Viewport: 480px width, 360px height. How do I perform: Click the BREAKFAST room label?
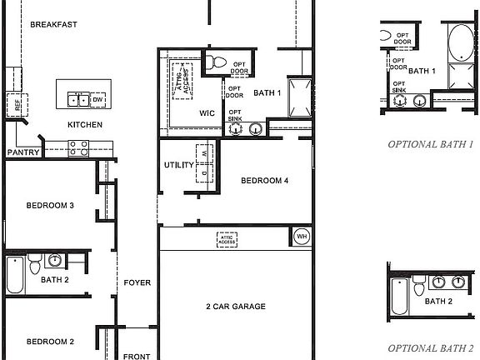(x=53, y=25)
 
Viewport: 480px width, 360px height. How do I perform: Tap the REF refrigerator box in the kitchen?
(x=13, y=105)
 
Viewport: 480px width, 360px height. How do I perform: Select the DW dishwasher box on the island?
(x=97, y=100)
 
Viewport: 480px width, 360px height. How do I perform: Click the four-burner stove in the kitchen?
(x=79, y=148)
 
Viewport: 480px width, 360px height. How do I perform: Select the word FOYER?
(x=137, y=283)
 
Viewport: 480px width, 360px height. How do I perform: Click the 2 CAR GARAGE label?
(x=236, y=307)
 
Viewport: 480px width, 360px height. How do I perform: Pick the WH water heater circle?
(x=301, y=237)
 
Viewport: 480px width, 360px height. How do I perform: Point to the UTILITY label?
(x=179, y=165)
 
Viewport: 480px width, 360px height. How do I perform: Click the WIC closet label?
(x=207, y=112)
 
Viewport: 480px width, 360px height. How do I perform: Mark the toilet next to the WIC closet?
(x=216, y=61)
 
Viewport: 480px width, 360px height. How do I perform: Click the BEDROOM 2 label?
(x=50, y=342)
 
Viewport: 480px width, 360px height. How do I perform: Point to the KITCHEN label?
(x=85, y=125)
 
